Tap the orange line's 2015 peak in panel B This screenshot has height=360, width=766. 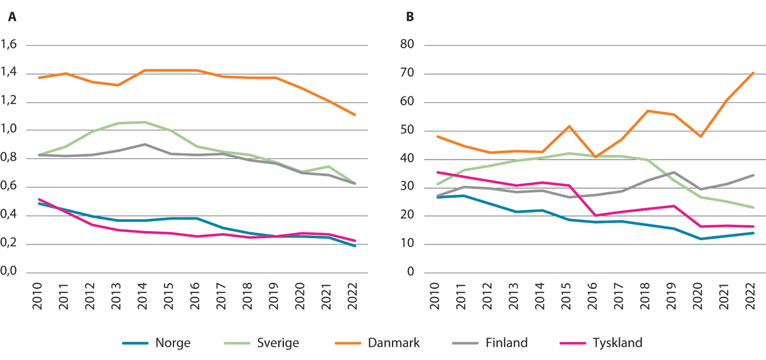pos(567,126)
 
